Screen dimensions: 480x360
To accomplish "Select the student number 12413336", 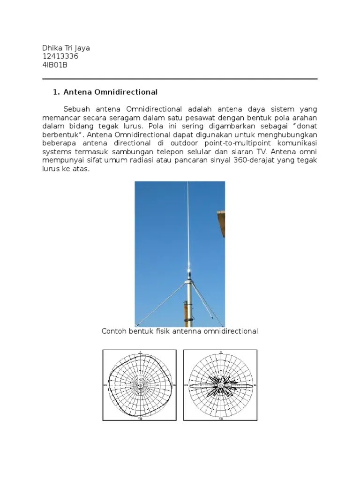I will click(60, 56).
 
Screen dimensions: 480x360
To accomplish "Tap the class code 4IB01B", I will click(55, 65).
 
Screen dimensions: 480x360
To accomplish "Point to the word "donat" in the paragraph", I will click(304, 126).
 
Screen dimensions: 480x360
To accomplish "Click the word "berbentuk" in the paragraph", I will click(59, 135).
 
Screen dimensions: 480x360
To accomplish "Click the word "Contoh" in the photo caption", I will click(115, 331).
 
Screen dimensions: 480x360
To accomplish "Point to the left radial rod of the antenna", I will click(159, 304).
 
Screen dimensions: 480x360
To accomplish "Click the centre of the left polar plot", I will click(140, 386).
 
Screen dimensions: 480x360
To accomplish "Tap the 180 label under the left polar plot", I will click(140, 419).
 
